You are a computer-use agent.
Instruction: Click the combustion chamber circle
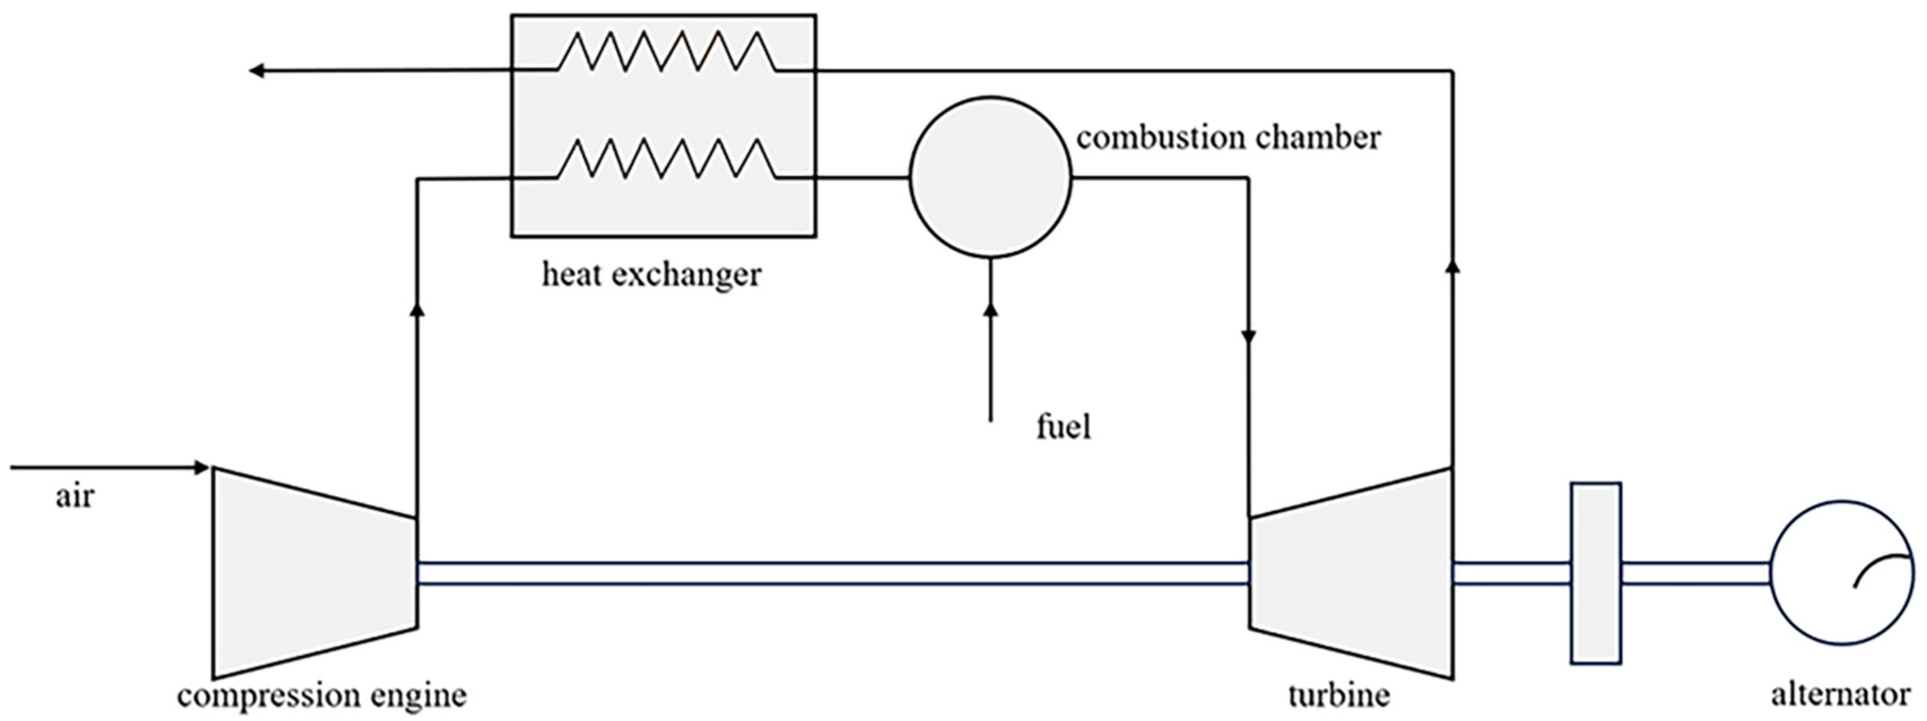pos(990,177)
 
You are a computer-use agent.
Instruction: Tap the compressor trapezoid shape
pos(314,572)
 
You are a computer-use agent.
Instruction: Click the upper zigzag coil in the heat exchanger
pos(665,51)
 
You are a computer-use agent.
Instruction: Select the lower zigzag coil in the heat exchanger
pos(665,159)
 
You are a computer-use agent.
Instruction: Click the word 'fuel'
pos(1063,427)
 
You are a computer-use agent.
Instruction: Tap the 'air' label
pos(75,497)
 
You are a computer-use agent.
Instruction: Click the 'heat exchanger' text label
pos(651,275)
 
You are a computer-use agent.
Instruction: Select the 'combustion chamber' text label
pos(1228,138)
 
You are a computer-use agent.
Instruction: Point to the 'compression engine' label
pos(321,696)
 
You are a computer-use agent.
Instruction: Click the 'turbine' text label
pos(1338,696)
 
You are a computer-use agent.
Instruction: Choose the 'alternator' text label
pos(1839,696)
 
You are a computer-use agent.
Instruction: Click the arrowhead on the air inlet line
pos(201,467)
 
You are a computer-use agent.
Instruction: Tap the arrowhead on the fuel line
pos(990,309)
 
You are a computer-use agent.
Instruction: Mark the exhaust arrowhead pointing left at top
pos(256,71)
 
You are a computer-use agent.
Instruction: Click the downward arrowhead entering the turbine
pos(1248,337)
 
